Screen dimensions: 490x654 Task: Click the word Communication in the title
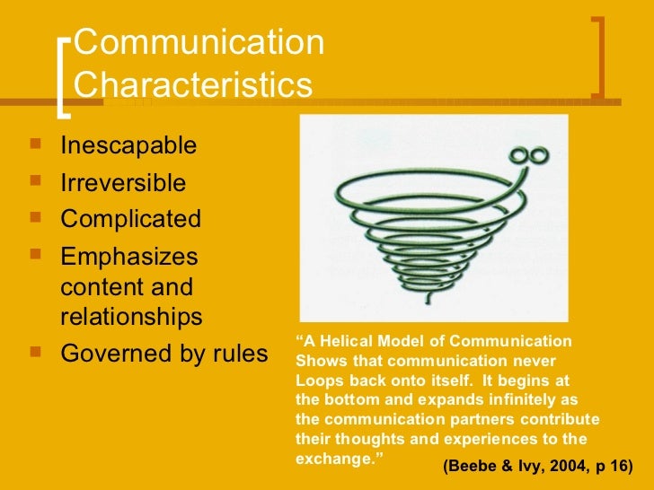(199, 44)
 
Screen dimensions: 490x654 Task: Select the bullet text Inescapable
(128, 145)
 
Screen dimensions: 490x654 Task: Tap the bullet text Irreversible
(123, 183)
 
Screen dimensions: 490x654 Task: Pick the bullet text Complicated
(130, 219)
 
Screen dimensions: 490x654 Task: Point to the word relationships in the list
(131, 317)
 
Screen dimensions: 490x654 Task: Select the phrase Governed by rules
(163, 354)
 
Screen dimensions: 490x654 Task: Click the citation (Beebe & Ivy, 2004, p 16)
(537, 468)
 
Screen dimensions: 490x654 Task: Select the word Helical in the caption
(346, 341)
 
